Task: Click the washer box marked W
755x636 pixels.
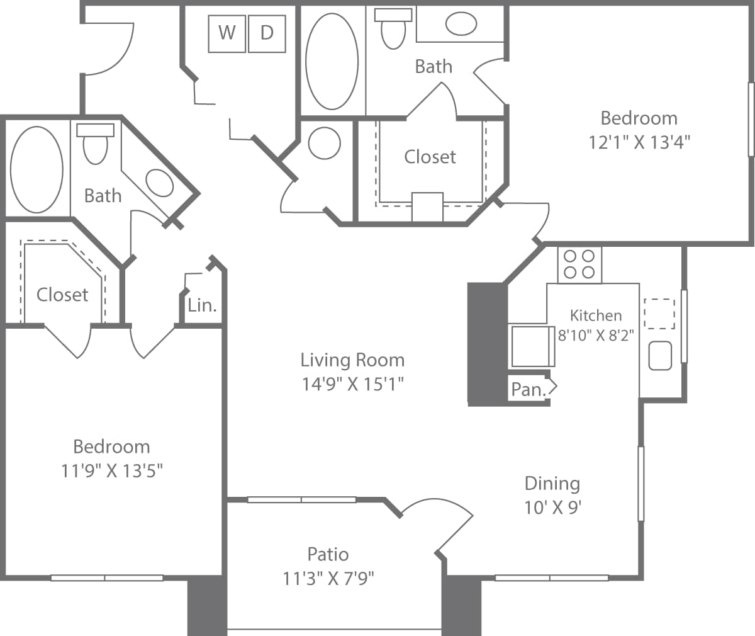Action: pos(227,33)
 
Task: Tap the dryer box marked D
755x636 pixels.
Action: pos(267,33)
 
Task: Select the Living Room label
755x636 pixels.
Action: pos(352,360)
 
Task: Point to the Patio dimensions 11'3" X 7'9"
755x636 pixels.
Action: pos(328,578)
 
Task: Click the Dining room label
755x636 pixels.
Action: pos(552,484)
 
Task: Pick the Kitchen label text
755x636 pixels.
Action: pos(595,315)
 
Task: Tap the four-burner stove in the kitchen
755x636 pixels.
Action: pos(579,264)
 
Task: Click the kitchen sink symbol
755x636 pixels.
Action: pos(660,355)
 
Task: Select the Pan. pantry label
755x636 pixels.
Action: pos(527,390)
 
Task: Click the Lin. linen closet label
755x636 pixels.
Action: pos(202,306)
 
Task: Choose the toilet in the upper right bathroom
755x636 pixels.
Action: pos(394,29)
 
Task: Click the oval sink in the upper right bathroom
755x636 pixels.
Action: pos(461,24)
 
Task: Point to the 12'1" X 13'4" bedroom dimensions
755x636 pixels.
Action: pos(639,142)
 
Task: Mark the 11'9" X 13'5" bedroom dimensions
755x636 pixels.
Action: pos(112,471)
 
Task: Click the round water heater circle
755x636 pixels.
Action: pos(325,143)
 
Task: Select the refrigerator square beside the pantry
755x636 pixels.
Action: pos(532,346)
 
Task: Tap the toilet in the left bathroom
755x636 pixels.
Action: pos(95,144)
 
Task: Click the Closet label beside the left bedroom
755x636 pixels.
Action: pos(62,295)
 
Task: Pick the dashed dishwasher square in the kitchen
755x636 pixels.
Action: pos(659,313)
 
